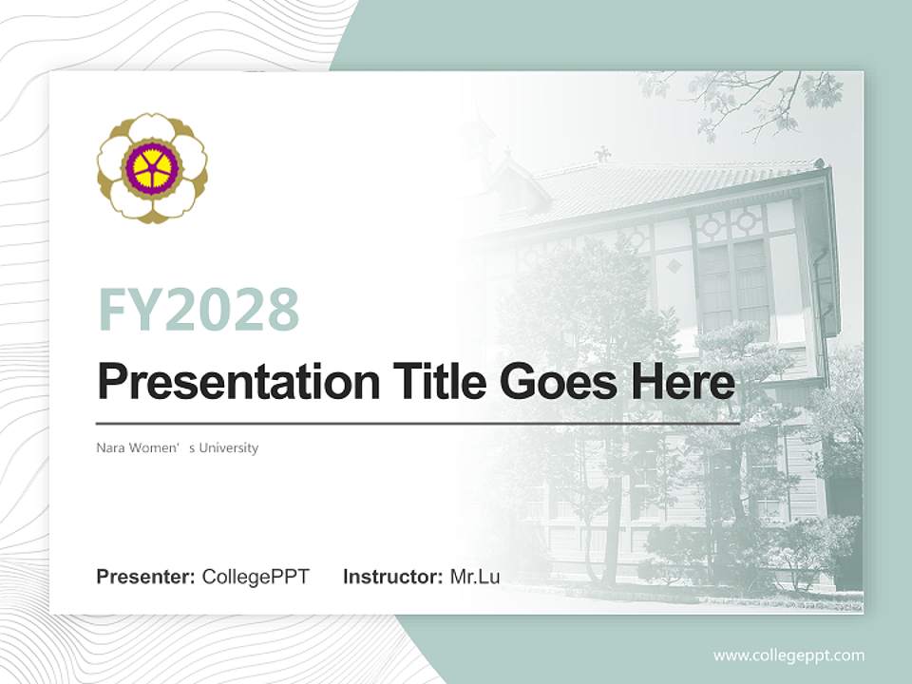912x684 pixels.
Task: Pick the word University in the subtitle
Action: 229,447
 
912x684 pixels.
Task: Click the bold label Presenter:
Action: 146,577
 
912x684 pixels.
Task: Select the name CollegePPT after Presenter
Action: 256,577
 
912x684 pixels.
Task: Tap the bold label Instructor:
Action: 392,577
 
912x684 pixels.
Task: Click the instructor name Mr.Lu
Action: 475,577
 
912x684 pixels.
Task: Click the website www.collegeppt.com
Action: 788,655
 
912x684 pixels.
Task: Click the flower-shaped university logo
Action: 152,168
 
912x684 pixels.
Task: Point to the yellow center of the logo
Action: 152,168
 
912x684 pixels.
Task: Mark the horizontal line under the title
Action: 418,423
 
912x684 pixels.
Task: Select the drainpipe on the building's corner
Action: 819,313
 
